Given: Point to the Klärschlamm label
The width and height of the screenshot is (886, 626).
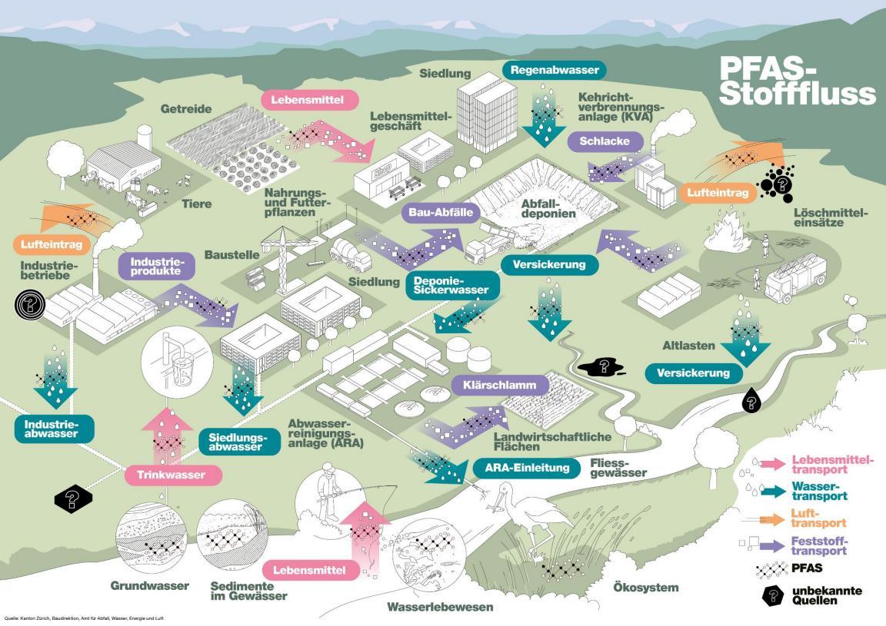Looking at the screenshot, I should pos(494,384).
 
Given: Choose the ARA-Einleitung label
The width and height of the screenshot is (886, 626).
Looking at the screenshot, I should pos(527,467).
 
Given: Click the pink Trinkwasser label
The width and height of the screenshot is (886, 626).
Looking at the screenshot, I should pos(172,475).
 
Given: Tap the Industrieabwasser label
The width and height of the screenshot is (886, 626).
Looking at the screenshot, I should pos(54,429).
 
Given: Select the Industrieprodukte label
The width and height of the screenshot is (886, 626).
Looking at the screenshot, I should pos(155,267).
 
